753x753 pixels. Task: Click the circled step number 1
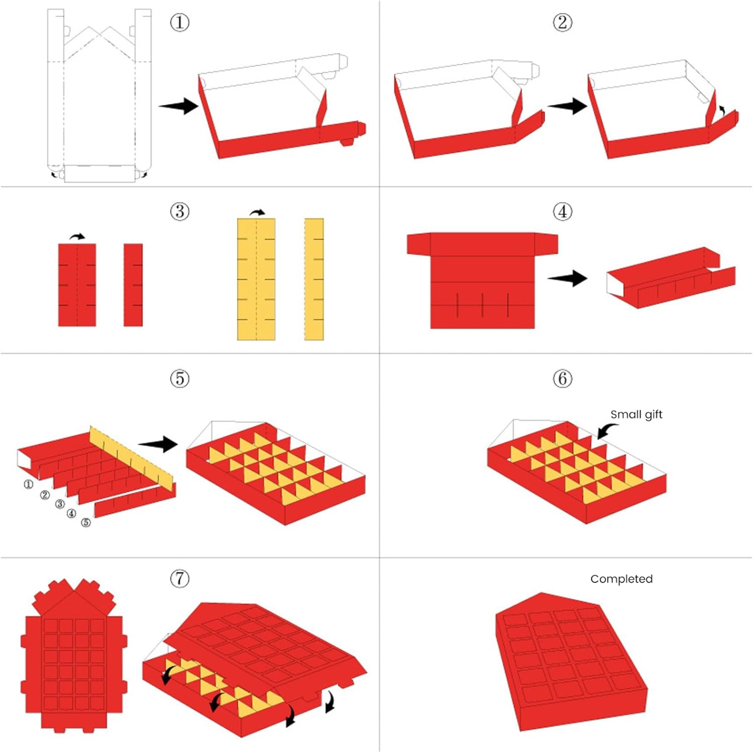180,23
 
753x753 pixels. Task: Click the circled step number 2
562,23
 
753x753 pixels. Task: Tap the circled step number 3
180,211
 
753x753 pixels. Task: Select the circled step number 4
562,211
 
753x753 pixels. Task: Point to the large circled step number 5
180,378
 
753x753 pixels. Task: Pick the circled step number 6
562,378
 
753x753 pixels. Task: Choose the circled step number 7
180,578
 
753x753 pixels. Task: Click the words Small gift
636,414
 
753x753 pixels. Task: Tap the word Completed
621,579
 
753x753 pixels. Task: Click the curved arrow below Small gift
606,430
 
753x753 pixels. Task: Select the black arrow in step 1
179,105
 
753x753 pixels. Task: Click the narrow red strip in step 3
133,285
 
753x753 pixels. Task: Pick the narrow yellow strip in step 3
314,279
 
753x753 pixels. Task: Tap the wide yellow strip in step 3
256,279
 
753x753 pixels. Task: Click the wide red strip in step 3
77,285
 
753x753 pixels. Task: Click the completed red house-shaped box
570,663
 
